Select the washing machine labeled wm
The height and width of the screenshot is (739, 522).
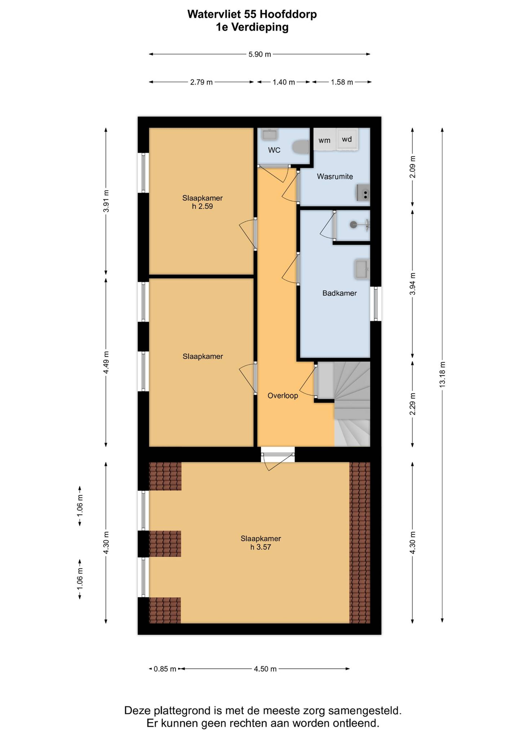tap(324, 140)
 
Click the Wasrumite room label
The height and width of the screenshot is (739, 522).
tap(335, 176)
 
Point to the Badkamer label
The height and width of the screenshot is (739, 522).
tap(339, 293)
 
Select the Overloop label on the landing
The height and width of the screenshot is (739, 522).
tap(283, 396)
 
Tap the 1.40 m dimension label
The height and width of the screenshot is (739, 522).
tap(284, 82)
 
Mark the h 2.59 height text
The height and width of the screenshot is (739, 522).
tap(202, 206)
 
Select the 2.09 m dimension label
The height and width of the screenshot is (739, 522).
tap(413, 167)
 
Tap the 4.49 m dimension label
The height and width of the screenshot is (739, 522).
tap(106, 362)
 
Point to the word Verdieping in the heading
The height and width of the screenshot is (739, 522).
tap(260, 27)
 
